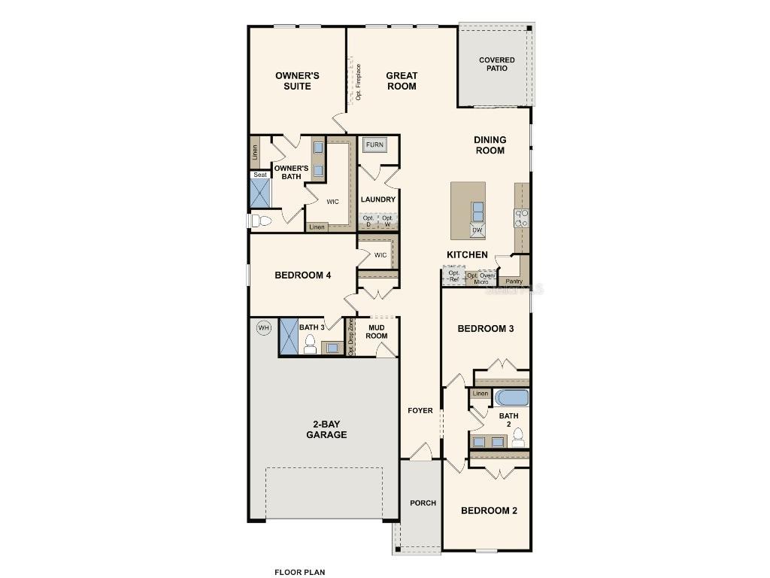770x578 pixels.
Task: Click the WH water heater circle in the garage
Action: pyautogui.click(x=263, y=327)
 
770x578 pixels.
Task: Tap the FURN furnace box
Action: pyautogui.click(x=374, y=144)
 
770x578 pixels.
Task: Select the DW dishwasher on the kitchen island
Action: pyautogui.click(x=477, y=231)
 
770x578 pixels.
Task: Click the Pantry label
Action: pyautogui.click(x=514, y=281)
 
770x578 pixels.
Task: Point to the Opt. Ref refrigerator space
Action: pyautogui.click(x=453, y=276)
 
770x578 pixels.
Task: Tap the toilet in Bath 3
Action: pyautogui.click(x=309, y=344)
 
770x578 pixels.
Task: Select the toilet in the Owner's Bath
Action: pyautogui.click(x=261, y=221)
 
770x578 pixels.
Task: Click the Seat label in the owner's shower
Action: pyautogui.click(x=259, y=175)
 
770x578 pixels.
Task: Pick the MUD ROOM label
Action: pyautogui.click(x=377, y=331)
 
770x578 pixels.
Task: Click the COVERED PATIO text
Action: pyautogui.click(x=497, y=64)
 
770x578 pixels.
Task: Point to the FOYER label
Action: pyautogui.click(x=420, y=410)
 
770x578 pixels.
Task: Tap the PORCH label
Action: pyautogui.click(x=423, y=503)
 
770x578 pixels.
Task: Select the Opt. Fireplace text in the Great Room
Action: pyautogui.click(x=359, y=82)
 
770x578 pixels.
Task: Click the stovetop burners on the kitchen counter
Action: pyautogui.click(x=520, y=218)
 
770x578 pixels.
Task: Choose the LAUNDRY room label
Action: pyautogui.click(x=377, y=199)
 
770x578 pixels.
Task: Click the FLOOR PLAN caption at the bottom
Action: pyautogui.click(x=299, y=572)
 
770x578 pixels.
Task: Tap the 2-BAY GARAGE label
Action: pyautogui.click(x=326, y=429)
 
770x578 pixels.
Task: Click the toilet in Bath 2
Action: pyautogui.click(x=518, y=438)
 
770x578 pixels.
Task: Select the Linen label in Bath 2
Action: pyautogui.click(x=480, y=394)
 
